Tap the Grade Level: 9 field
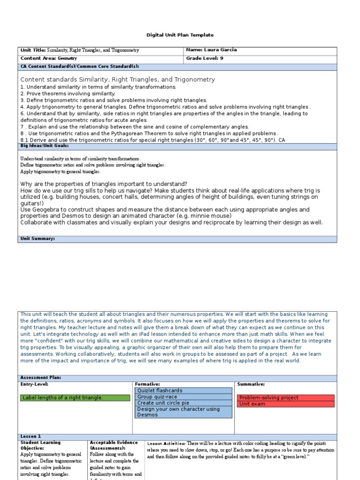tap(204, 59)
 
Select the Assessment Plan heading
tap(40, 377)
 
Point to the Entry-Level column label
tap(34, 384)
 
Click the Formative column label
tap(147, 384)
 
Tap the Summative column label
tap(251, 384)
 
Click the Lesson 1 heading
tap(30, 436)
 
